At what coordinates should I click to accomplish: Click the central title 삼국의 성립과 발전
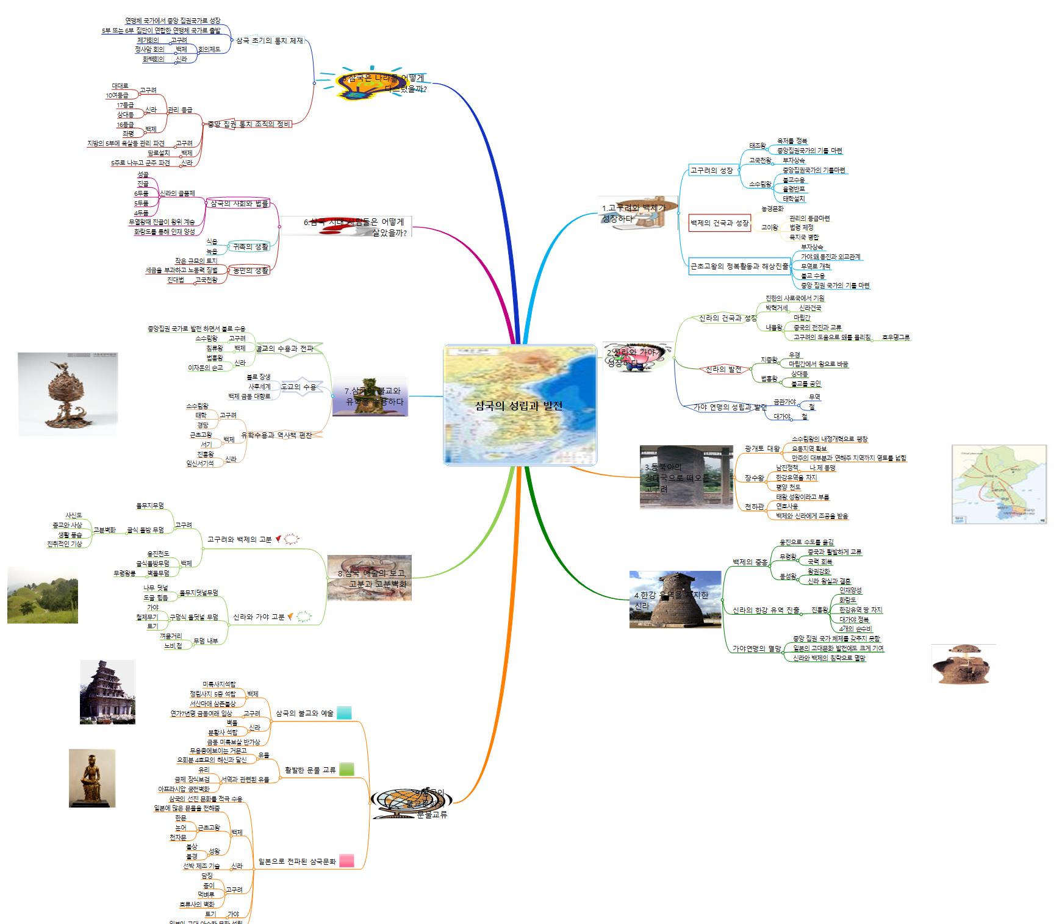pyautogui.click(x=518, y=406)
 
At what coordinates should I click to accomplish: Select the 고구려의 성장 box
pyautogui.click(x=711, y=171)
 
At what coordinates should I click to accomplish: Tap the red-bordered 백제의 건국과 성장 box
pyautogui.click(x=719, y=223)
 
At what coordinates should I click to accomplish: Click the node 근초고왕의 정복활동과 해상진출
pyautogui.click(x=739, y=266)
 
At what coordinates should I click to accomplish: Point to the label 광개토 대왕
pyautogui.click(x=762, y=448)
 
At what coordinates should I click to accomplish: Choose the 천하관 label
pyautogui.click(x=754, y=507)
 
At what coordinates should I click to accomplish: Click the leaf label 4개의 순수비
pyautogui.click(x=855, y=629)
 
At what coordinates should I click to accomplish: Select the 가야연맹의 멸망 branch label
pyautogui.click(x=756, y=649)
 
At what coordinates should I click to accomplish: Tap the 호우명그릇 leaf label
pyautogui.click(x=895, y=337)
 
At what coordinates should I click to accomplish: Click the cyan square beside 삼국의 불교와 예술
pyautogui.click(x=344, y=712)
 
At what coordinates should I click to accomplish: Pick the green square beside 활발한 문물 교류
pyautogui.click(x=346, y=770)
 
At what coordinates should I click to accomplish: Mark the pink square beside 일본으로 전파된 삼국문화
pyautogui.click(x=346, y=861)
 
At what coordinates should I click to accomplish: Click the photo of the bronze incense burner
pyautogui.click(x=67, y=394)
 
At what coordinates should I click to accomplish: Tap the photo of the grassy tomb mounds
pyautogui.click(x=43, y=595)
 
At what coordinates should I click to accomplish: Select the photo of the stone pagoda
pyautogui.click(x=107, y=692)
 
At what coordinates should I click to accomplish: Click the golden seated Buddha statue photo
pyautogui.click(x=92, y=778)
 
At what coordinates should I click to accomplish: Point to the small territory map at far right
pyautogui.click(x=999, y=484)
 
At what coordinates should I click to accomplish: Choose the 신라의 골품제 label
pyautogui.click(x=177, y=194)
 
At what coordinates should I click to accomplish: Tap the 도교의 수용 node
pyautogui.click(x=298, y=387)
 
